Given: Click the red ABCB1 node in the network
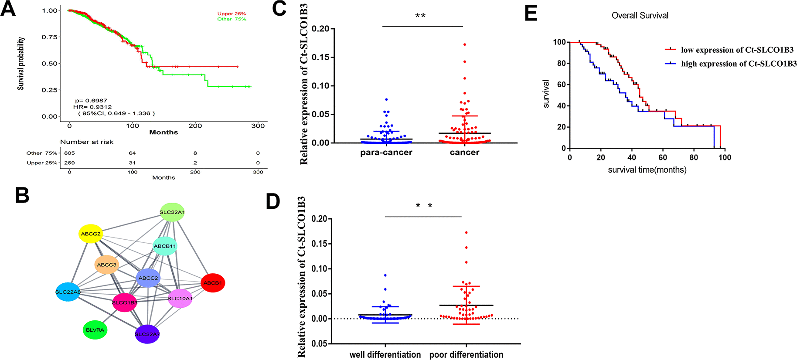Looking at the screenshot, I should coord(213,283).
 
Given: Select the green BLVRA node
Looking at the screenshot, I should coord(95,330).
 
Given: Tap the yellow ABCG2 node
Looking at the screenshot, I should coord(91,234).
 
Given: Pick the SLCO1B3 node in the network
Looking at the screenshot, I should coord(125,302).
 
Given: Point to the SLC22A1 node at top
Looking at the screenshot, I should coord(172,212).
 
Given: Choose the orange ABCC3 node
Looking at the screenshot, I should coord(107,265).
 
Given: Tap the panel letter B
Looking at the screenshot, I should coord(22,195).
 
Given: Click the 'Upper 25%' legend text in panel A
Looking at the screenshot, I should coord(232,14).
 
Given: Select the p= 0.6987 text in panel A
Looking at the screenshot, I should coord(91,101).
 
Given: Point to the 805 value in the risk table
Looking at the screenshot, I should coord(69,153).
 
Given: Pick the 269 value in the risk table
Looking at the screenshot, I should coord(69,163).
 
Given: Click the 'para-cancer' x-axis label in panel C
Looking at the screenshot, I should coord(386,153).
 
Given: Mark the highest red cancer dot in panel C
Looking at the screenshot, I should coord(465,44).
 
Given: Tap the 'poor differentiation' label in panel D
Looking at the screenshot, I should coord(466,354).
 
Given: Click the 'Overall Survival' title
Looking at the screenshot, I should coord(640,16).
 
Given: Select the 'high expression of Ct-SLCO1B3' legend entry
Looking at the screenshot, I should coord(739,64).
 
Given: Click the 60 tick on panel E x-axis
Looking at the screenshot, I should coord(663,157).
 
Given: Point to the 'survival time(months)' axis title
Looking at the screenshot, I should coord(647,170).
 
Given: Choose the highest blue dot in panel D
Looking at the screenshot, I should coord(385,275).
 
